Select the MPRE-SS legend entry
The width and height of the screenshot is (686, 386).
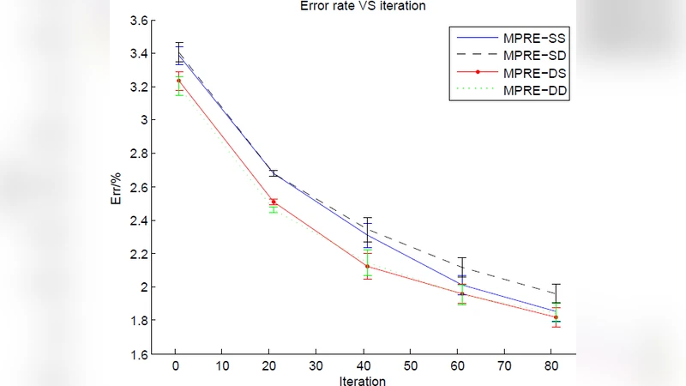534,39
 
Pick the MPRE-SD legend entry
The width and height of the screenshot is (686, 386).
534,56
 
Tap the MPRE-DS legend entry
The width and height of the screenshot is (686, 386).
534,73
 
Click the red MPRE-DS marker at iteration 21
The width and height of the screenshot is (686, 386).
274,202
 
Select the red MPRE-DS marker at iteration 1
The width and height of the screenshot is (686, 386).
179,81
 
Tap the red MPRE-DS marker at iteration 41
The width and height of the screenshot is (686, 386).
367,266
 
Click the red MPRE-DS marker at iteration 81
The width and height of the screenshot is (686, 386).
556,317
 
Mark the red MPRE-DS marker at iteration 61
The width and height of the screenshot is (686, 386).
461,293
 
